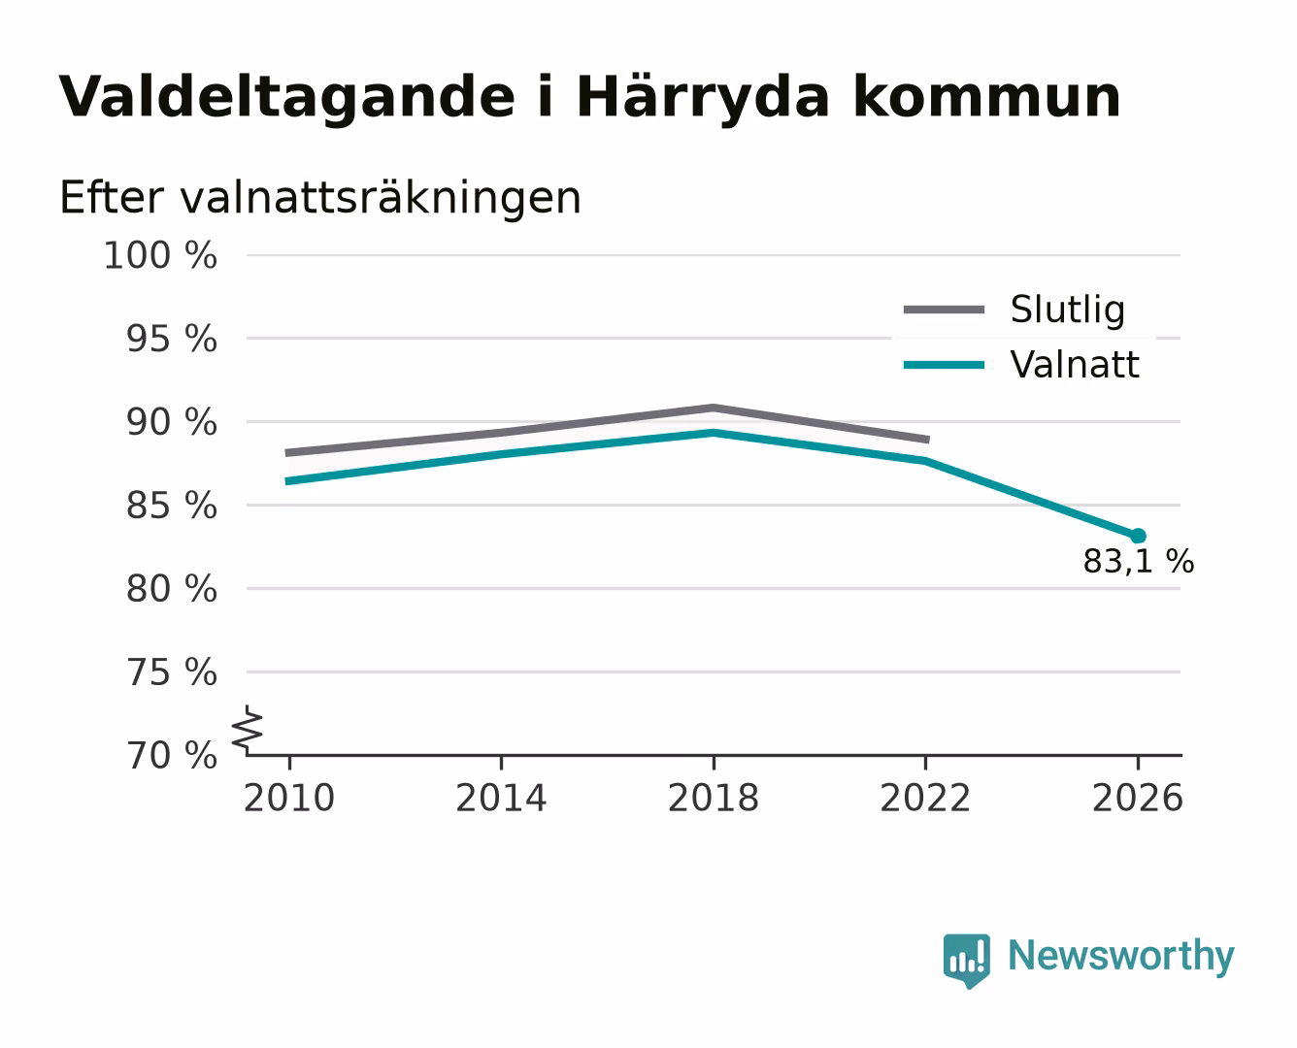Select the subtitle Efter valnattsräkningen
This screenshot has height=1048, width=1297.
320,198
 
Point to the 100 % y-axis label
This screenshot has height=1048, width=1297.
160,255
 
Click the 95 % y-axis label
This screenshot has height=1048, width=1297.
171,339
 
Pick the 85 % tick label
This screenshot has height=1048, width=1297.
171,506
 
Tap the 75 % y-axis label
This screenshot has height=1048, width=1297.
171,672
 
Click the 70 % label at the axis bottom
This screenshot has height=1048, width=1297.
171,756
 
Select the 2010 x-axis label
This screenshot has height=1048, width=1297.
289,798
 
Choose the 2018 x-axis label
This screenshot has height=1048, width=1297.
713,798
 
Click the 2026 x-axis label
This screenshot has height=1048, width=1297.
1137,798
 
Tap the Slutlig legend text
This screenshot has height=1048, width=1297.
1068,311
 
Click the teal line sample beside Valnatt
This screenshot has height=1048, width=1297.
944,365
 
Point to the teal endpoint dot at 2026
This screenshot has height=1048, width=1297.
1138,537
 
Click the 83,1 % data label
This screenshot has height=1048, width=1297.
1138,561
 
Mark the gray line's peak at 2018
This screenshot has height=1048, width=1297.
713,408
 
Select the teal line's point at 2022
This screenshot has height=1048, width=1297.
925,461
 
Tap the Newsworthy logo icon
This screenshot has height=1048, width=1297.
967,960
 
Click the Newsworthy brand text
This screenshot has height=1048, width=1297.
1121,957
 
